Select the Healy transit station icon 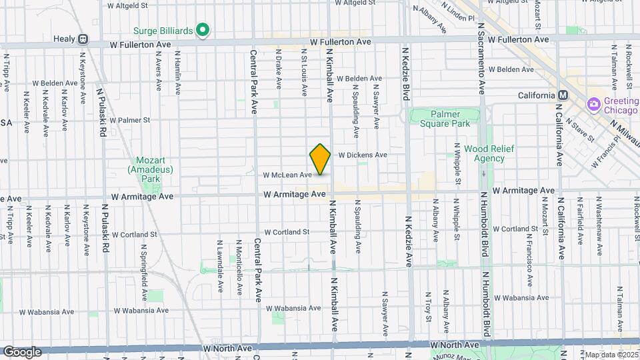(83, 39)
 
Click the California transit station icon (563, 95)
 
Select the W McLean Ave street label (287, 175)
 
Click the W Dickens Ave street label (363, 155)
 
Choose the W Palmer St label (130, 121)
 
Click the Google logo (22, 352)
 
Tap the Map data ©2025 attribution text (610, 355)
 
